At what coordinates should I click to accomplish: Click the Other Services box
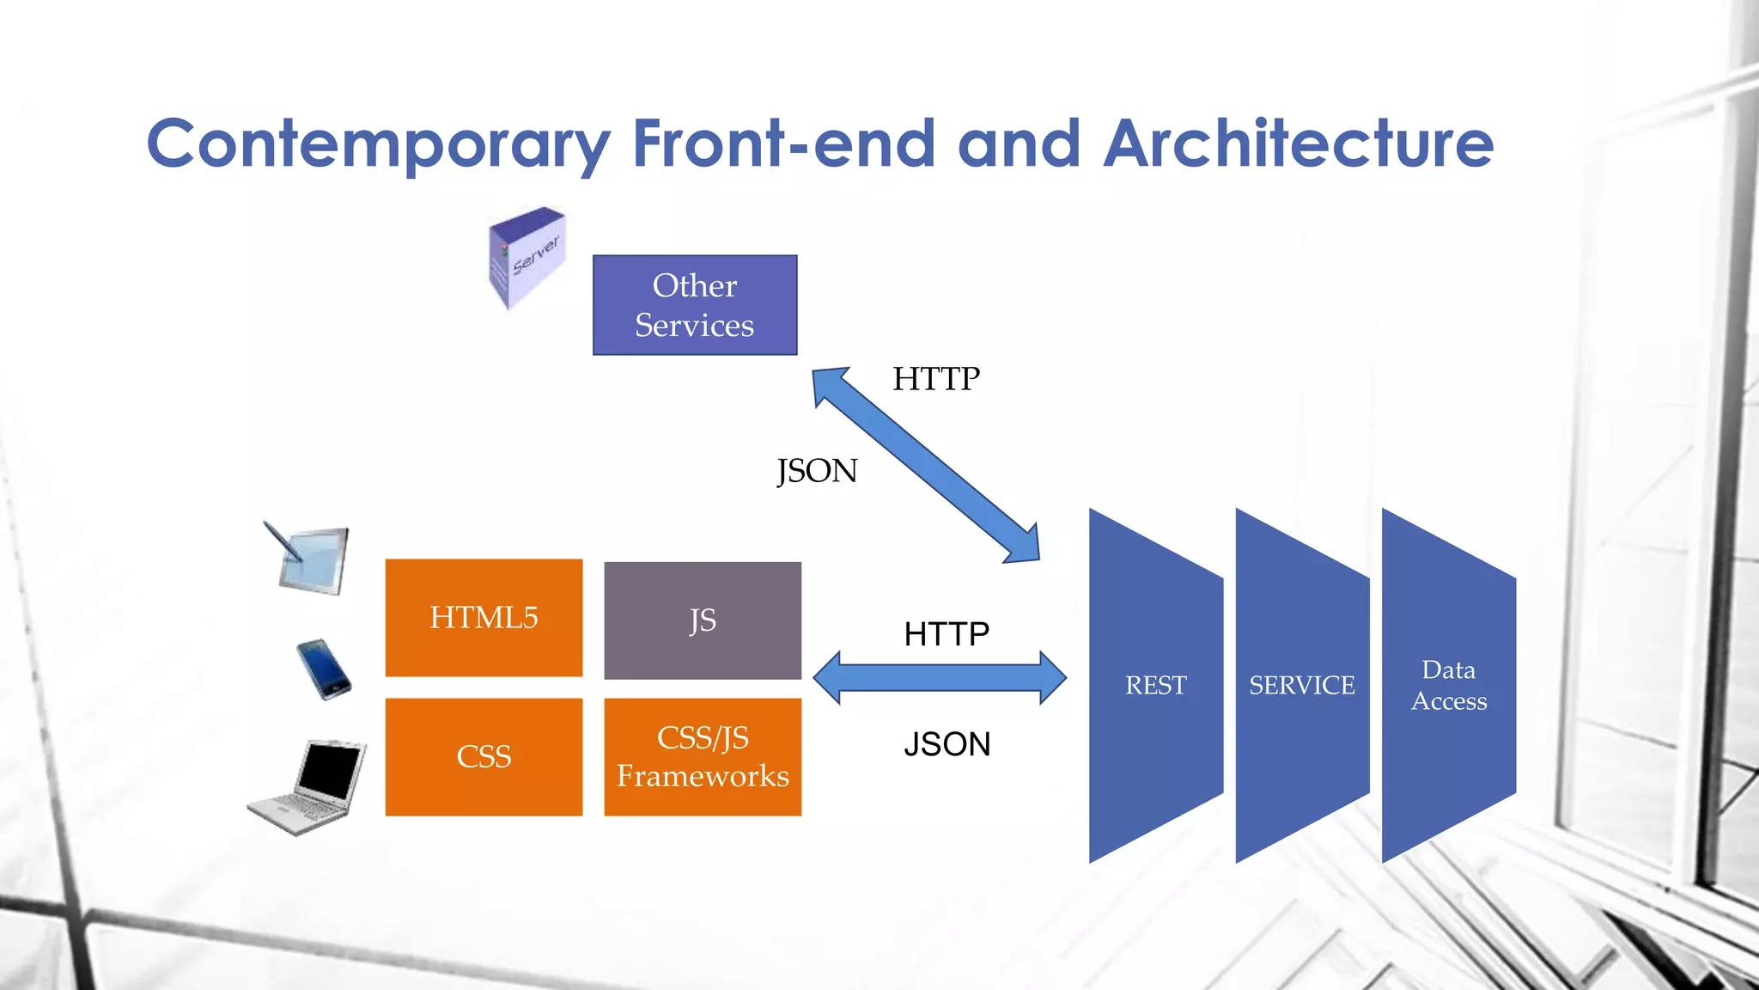[x=694, y=305]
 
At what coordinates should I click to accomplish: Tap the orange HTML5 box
[x=484, y=618]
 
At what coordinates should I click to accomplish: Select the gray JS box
[x=703, y=620]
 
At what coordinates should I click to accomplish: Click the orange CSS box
[x=484, y=757]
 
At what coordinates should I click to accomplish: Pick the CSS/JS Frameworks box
[x=703, y=757]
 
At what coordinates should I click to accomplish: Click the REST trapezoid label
[x=1155, y=686]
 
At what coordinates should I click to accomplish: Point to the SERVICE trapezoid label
[x=1301, y=686]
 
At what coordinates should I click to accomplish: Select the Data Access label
[x=1448, y=686]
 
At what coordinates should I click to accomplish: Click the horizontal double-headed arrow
[x=940, y=678]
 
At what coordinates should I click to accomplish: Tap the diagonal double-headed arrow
[x=926, y=465]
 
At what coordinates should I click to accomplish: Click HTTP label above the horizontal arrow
[x=946, y=634]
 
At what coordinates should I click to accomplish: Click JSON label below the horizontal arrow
[x=946, y=744]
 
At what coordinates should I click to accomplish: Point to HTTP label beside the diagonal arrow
[x=935, y=379]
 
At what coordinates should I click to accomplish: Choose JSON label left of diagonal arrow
[x=817, y=471]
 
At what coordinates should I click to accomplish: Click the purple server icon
[x=526, y=256]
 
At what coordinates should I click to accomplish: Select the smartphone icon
[x=324, y=669]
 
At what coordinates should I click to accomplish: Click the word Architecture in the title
[x=1298, y=144]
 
